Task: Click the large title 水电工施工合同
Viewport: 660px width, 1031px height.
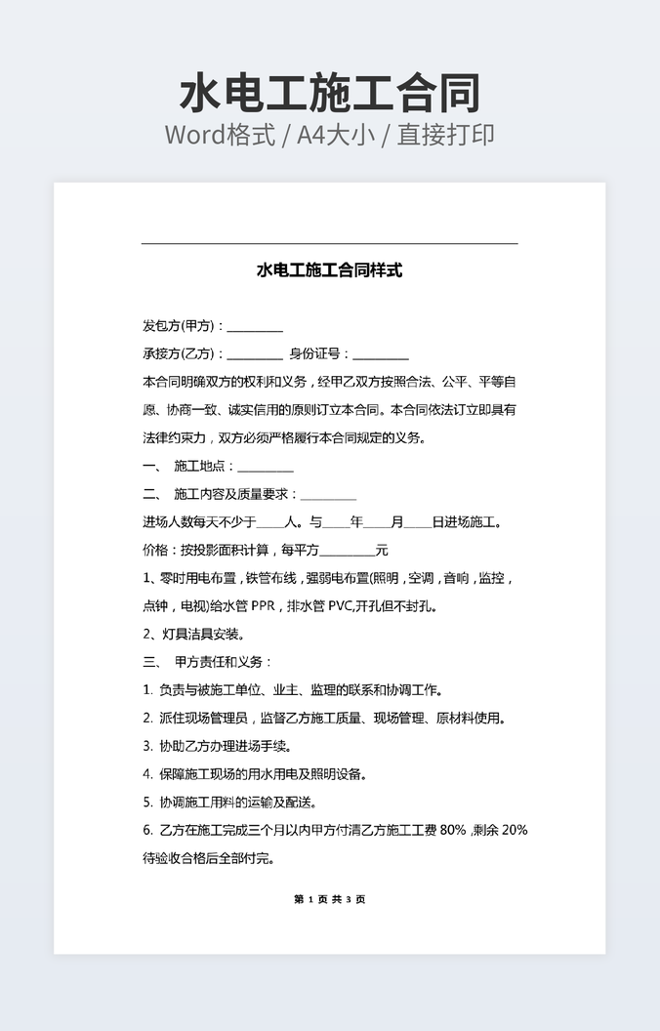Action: pos(330,95)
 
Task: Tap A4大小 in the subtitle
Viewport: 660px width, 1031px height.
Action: pos(337,135)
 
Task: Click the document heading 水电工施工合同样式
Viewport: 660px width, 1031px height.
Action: pos(329,270)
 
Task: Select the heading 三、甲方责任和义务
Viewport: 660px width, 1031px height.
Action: pos(208,662)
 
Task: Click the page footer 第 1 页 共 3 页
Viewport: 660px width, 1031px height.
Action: pos(329,899)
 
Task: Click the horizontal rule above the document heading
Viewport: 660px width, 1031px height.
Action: pos(329,243)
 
